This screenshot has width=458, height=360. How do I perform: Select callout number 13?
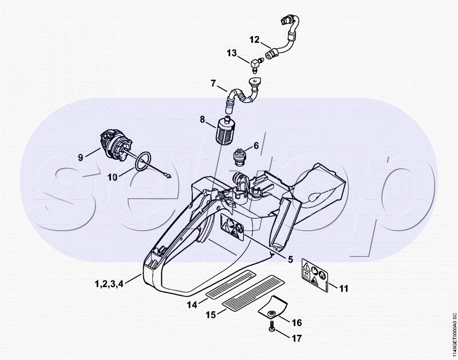click(x=231, y=53)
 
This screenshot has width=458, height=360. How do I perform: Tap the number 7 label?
click(x=214, y=84)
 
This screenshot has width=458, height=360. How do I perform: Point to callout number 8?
click(x=202, y=120)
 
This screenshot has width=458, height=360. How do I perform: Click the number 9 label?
click(x=81, y=156)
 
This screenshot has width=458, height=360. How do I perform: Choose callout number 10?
click(x=112, y=177)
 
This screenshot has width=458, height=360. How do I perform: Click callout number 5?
click(x=290, y=259)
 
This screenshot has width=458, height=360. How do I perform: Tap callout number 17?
click(x=296, y=338)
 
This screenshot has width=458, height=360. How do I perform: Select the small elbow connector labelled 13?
click(x=255, y=61)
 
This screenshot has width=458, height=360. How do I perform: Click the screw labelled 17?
click(x=270, y=328)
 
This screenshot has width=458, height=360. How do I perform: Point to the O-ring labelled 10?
click(x=143, y=161)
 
